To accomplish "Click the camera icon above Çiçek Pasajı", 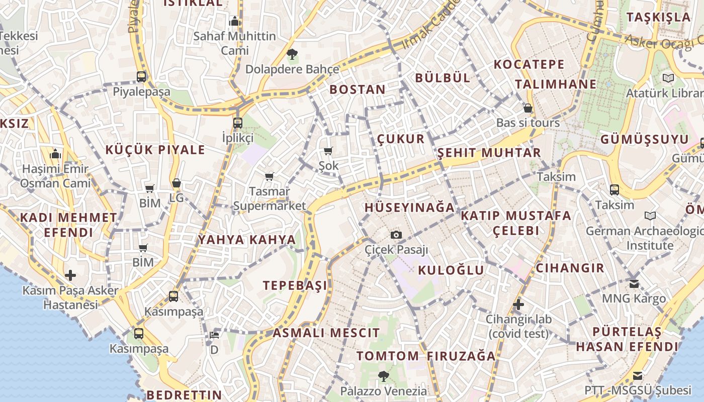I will (x=396, y=235).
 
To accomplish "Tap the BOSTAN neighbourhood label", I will (x=358, y=90).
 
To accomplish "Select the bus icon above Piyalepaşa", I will (x=141, y=77).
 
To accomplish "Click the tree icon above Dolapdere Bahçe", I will (x=292, y=54).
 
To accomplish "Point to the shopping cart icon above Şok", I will (x=328, y=151).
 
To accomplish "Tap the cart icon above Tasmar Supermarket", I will (x=270, y=176).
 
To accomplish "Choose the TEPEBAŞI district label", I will (x=295, y=285).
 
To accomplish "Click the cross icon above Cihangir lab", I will (x=518, y=305).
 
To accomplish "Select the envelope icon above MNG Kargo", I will (x=634, y=284).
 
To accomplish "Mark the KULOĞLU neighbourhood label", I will (x=451, y=270).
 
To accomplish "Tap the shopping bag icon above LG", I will (x=176, y=183).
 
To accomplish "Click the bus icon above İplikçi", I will (x=238, y=123).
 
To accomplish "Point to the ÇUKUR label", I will (x=401, y=139).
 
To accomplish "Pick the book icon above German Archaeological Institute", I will (x=650, y=216).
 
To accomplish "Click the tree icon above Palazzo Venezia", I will (x=383, y=376).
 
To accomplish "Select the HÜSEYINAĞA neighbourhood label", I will (x=409, y=208).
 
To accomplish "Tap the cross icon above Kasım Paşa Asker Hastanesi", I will (x=70, y=275).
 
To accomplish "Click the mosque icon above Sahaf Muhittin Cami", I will (x=235, y=21).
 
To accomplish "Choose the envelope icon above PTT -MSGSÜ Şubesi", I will (x=638, y=376).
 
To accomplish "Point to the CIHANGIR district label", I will (x=570, y=268).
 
